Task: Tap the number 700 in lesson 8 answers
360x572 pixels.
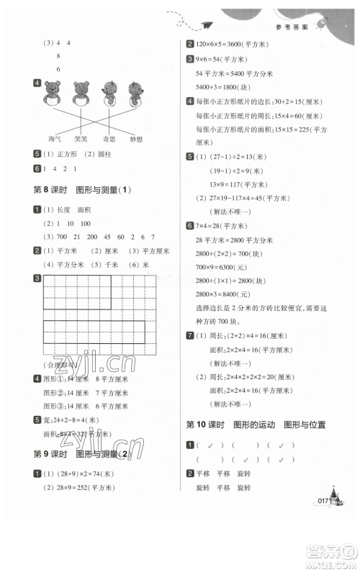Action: point(60,236)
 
